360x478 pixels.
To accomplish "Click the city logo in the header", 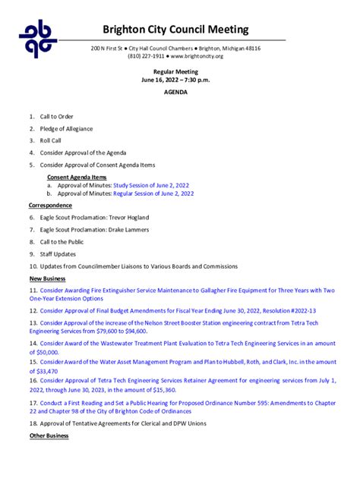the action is coord(38,39).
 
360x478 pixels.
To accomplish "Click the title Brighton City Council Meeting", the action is coord(175,30).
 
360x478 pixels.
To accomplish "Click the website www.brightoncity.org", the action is coord(197,56).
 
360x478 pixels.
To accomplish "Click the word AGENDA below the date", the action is coord(175,92).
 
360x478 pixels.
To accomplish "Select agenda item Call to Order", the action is coord(56,117).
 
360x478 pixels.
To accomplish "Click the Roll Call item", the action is coord(51,141).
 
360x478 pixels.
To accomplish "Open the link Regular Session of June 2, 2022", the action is coord(153,193).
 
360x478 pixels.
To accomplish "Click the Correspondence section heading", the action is coord(50,205).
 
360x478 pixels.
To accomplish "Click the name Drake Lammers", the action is coord(128,230).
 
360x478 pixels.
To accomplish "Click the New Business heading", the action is coord(47,278).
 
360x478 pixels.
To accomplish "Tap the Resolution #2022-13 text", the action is coord(288,310).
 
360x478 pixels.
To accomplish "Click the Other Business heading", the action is coord(49,436).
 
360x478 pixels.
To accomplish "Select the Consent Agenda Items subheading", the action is coord(77,177).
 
